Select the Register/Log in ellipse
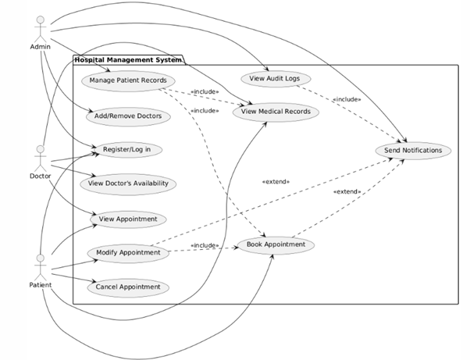(126, 148)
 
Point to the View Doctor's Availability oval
(127, 184)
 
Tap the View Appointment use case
(127, 219)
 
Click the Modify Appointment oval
(129, 252)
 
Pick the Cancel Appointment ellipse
(128, 287)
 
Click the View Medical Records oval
(276, 111)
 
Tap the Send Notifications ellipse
(413, 149)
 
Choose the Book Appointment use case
(275, 244)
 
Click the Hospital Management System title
(126, 60)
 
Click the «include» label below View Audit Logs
(346, 100)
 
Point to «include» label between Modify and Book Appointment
(205, 245)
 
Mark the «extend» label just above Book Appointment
(346, 191)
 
